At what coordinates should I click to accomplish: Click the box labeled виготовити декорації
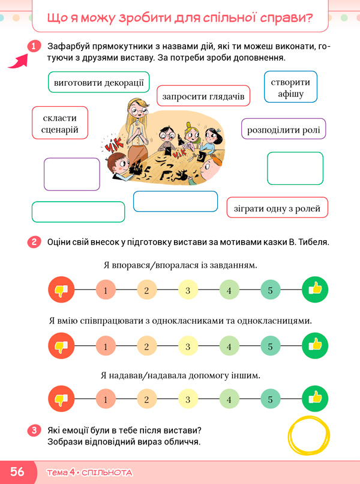99,82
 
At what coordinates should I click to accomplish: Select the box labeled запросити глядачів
203,96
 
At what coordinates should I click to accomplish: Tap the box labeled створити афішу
290,86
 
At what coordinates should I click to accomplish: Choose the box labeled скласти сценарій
60,123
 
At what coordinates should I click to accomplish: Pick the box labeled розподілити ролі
283,129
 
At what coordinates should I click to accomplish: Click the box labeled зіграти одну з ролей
277,207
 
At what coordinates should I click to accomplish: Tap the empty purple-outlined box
72,174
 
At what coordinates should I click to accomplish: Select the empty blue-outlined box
176,201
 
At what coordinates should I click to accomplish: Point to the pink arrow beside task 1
19,61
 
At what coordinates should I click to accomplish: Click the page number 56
17,471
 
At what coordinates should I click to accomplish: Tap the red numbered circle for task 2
34,242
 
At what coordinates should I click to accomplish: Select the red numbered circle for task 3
34,431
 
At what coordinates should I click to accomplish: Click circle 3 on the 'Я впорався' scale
188,290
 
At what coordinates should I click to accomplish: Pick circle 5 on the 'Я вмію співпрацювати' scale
270,346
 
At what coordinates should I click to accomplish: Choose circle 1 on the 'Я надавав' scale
106,399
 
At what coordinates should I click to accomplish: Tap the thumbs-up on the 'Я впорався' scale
315,289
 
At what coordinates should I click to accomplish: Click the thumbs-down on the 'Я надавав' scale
61,399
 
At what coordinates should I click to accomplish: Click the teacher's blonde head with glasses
137,109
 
